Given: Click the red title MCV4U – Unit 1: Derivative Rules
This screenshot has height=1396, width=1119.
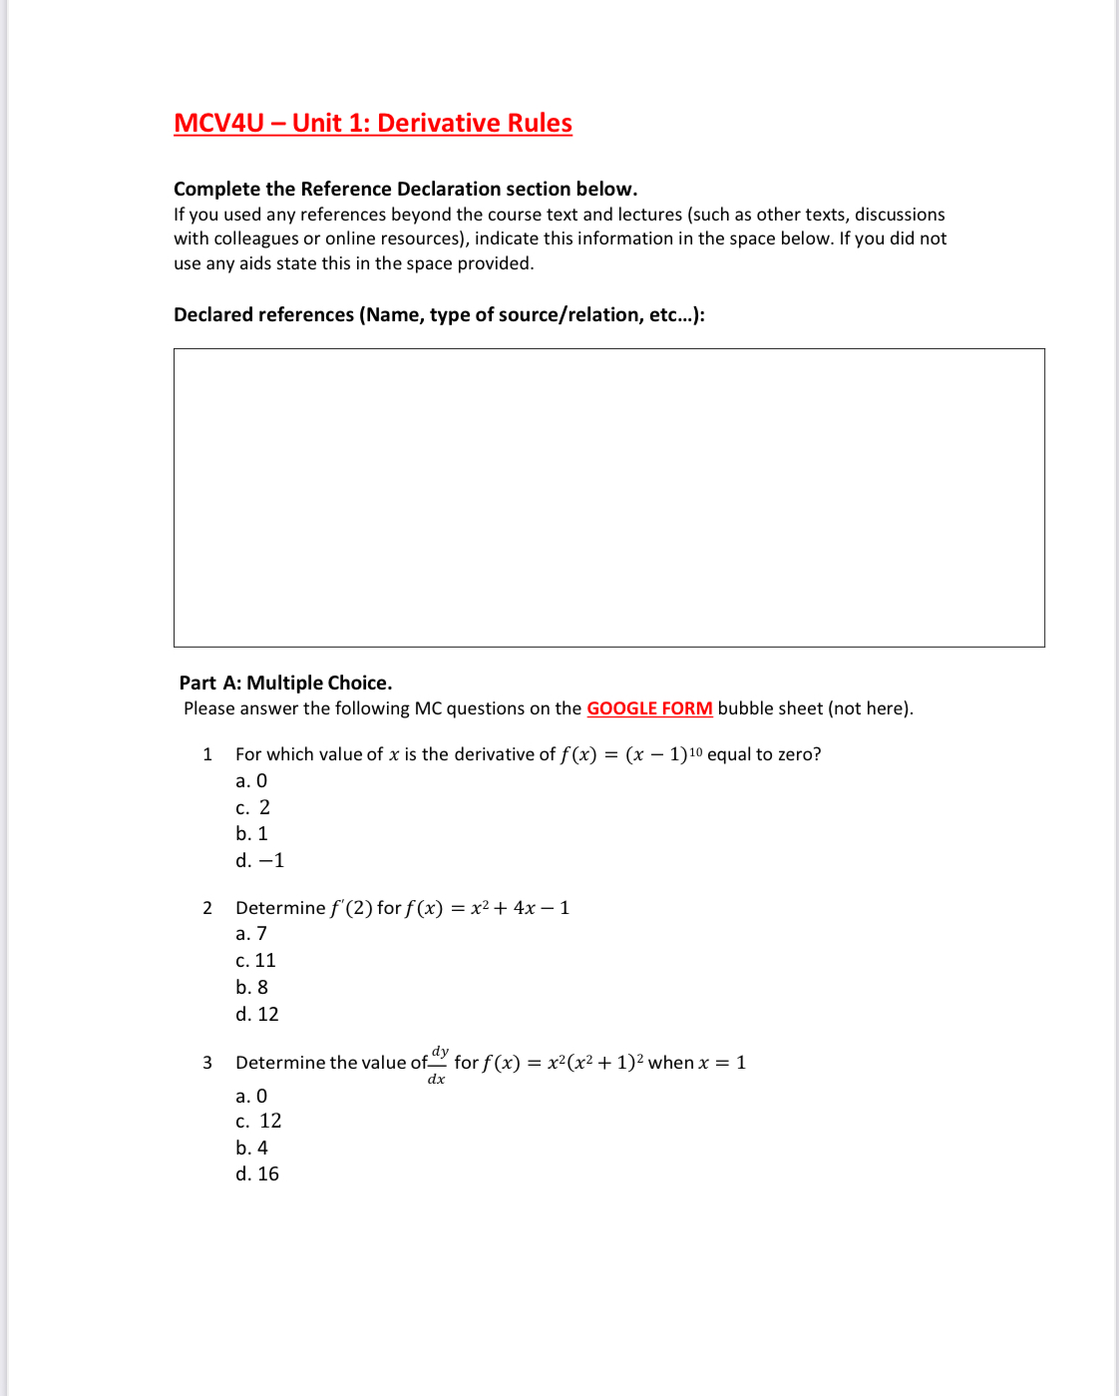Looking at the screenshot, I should tap(372, 123).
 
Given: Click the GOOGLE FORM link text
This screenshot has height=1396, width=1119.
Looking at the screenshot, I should tap(649, 708).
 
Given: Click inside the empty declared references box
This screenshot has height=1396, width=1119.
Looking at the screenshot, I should tap(608, 497).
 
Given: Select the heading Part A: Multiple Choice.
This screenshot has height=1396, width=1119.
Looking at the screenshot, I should tap(285, 683).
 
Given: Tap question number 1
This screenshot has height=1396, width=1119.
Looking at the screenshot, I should tap(207, 754).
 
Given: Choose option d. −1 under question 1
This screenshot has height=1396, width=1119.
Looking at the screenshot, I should tap(259, 860).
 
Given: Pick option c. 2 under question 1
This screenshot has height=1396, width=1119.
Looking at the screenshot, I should tap(252, 807).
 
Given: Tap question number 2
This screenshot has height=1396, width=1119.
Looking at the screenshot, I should tap(207, 908).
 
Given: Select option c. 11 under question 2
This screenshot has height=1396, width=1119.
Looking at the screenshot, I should tap(255, 961).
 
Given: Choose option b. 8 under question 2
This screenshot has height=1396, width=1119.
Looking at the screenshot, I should tap(251, 987).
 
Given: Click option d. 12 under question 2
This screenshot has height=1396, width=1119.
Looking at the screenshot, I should tap(256, 1014).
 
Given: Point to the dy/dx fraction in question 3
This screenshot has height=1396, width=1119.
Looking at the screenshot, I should tap(438, 1065).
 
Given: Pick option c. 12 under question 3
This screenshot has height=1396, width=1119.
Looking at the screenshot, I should tap(258, 1122).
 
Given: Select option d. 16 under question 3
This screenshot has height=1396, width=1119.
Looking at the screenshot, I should tap(256, 1174).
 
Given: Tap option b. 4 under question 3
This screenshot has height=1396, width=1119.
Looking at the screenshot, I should tap(251, 1149).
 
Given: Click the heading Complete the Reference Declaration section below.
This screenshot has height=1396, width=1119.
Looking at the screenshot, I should tap(405, 189).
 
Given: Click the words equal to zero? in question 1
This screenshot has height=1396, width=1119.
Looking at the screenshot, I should tap(764, 754).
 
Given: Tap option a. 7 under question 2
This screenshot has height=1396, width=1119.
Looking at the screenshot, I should tap(251, 934).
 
